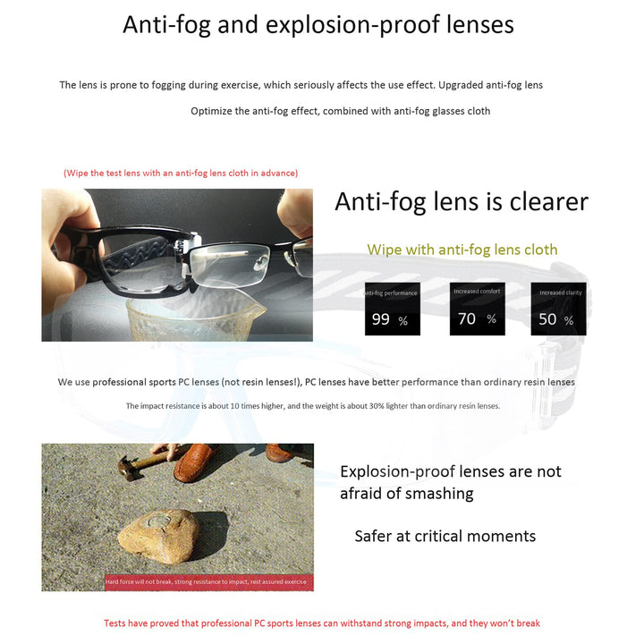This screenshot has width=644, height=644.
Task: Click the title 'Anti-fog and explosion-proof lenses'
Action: point(318,25)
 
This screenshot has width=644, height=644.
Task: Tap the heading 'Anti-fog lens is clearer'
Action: point(461,201)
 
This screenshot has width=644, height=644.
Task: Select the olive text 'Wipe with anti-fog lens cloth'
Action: point(462,250)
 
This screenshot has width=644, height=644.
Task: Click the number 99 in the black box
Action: point(381,319)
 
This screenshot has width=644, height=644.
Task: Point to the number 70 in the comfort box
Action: point(467,318)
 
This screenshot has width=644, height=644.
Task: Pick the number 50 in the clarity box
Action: point(547,319)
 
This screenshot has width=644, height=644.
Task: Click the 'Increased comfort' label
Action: point(477,292)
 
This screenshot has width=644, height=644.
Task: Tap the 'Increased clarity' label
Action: point(560,292)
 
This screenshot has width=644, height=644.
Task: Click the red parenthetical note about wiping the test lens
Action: point(181,173)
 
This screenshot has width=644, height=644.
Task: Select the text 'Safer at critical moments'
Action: point(445,536)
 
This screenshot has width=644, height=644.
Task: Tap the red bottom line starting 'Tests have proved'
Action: point(321,623)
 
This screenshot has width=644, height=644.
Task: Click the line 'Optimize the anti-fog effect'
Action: point(340,111)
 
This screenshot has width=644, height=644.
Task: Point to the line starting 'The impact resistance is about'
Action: point(312,406)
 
